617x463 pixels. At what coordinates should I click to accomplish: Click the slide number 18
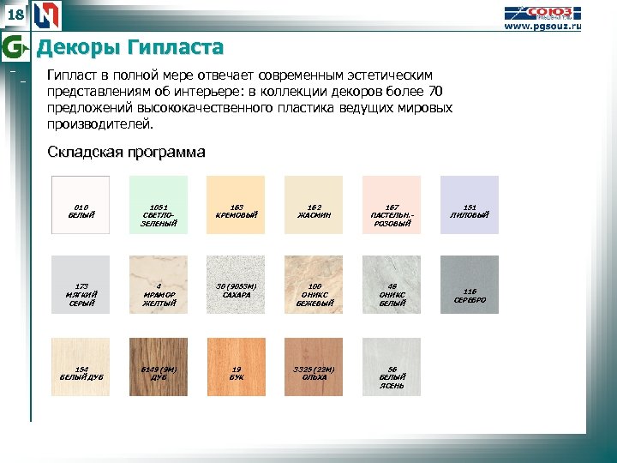(16, 15)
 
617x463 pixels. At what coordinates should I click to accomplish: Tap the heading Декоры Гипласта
(129, 46)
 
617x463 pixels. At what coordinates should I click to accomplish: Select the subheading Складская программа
(125, 153)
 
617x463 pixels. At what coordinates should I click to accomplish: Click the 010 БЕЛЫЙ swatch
(81, 205)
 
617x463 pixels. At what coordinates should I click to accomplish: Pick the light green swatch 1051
(158, 205)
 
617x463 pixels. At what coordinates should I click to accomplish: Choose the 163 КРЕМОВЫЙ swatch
(236, 205)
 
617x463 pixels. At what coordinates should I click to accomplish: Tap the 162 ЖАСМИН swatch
(314, 205)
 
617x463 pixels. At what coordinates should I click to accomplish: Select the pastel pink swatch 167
(392, 205)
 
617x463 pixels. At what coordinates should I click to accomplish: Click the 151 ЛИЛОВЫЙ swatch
(469, 205)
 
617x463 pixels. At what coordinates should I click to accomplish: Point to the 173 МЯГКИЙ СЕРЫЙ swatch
(81, 285)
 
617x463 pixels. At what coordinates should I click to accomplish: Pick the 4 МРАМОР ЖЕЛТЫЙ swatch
(158, 285)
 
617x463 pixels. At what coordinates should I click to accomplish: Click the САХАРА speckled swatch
(236, 285)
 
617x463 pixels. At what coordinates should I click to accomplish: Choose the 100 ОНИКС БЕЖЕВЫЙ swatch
(314, 285)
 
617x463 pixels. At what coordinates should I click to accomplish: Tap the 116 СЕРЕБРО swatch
(469, 285)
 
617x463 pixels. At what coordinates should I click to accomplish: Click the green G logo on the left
(13, 46)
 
